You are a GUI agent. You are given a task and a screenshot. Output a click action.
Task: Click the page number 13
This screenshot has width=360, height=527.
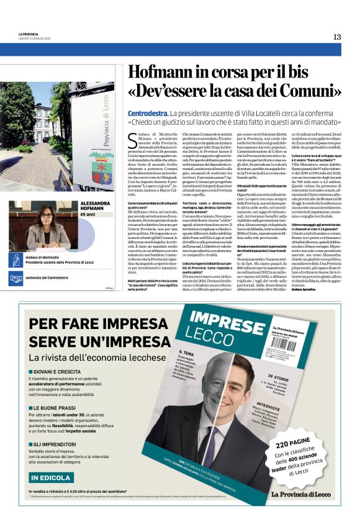[x=336, y=37]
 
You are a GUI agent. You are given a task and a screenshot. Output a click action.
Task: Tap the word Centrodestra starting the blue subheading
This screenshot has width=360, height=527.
[x=147, y=114]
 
